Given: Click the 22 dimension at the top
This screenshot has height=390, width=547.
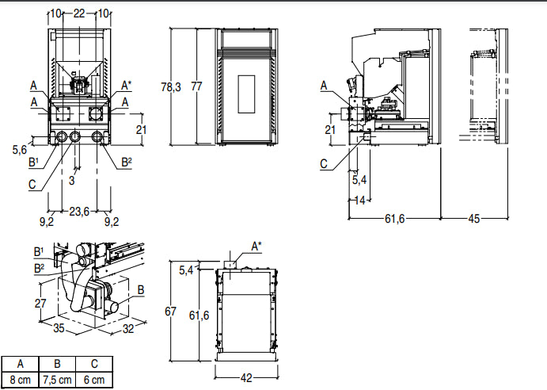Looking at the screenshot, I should (79, 13).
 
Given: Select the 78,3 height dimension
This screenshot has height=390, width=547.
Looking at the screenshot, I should (171, 87).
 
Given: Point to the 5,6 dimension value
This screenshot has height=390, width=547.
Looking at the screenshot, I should (21, 148).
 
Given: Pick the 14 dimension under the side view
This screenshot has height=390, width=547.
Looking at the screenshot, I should (359, 201).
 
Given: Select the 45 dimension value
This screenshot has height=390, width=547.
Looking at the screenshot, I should (474, 219).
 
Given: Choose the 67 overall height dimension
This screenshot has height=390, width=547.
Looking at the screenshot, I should (170, 312).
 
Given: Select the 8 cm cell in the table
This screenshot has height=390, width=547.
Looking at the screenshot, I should (20, 380).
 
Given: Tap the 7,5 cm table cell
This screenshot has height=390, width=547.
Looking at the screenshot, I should (57, 380).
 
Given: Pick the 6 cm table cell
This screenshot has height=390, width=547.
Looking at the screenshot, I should (94, 380).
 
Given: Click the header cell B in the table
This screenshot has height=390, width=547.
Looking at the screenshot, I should (57, 365).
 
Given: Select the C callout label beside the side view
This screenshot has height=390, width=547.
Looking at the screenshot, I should (325, 164).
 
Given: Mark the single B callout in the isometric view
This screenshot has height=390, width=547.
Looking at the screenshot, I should (141, 290).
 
